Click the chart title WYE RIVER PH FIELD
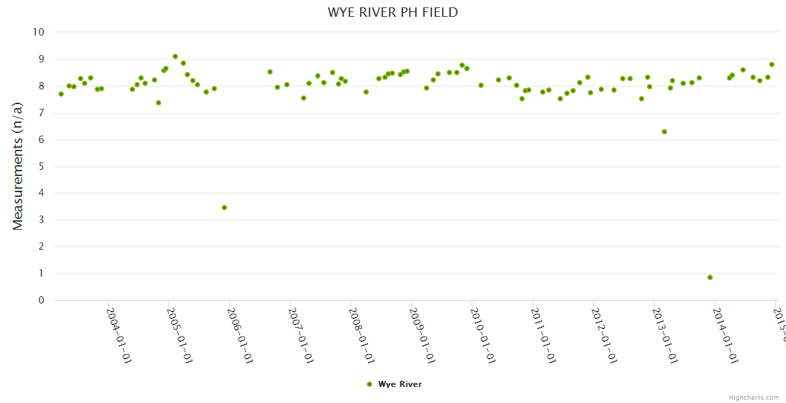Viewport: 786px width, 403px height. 393,12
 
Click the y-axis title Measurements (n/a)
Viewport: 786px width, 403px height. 18,166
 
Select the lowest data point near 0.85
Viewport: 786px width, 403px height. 710,277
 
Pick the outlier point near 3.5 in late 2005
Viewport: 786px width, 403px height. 224,208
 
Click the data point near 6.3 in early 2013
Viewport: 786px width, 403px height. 664,132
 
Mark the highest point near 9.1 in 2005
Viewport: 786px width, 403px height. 175,56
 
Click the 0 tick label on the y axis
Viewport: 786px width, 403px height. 42,300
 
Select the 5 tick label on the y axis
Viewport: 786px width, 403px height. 42,167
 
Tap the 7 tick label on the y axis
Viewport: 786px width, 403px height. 42,113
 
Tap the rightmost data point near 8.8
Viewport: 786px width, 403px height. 772,64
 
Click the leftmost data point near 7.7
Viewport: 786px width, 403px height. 61,94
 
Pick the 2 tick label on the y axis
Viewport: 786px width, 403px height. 42,247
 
